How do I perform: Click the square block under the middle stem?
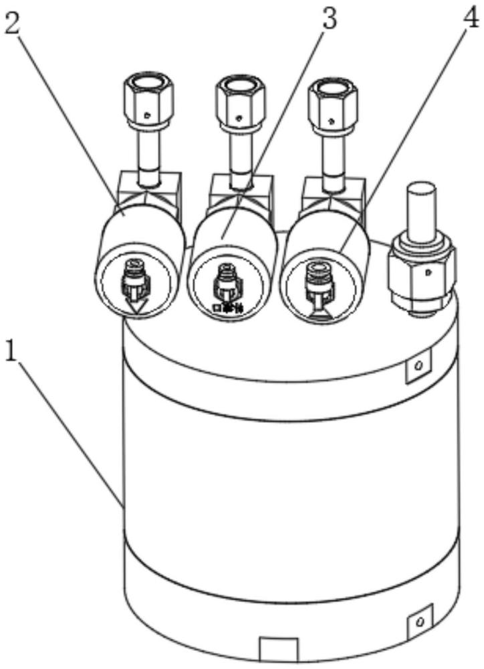[240, 190]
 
